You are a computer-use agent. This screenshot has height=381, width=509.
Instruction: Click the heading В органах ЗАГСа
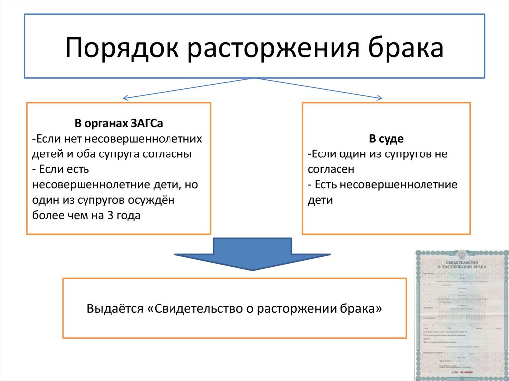point(119,123)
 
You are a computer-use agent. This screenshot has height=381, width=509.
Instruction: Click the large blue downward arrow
point(253,254)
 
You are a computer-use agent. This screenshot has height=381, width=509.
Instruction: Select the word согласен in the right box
point(331,169)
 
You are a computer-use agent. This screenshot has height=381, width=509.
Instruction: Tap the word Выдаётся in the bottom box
point(115,308)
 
